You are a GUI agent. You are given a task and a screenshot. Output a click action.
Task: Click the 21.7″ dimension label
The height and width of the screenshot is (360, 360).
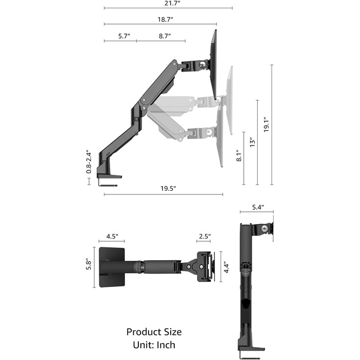click(x=172, y=4)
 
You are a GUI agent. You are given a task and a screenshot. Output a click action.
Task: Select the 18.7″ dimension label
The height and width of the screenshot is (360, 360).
click(x=165, y=20)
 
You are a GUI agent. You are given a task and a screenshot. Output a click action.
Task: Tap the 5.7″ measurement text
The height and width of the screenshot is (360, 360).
click(x=124, y=36)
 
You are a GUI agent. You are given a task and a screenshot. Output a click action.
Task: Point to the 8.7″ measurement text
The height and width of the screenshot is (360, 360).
click(x=165, y=36)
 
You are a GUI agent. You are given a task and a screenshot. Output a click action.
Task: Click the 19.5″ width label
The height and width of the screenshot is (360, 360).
click(x=168, y=189)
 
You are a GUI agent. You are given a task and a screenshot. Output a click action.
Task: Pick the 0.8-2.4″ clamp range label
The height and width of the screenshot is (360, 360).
click(x=88, y=162)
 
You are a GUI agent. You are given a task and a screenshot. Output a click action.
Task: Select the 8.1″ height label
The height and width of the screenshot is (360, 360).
click(x=239, y=156)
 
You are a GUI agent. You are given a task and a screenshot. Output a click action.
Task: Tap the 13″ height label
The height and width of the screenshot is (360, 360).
click(x=253, y=142)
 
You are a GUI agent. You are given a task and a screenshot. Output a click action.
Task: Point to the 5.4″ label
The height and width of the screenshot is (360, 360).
click(x=258, y=207)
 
